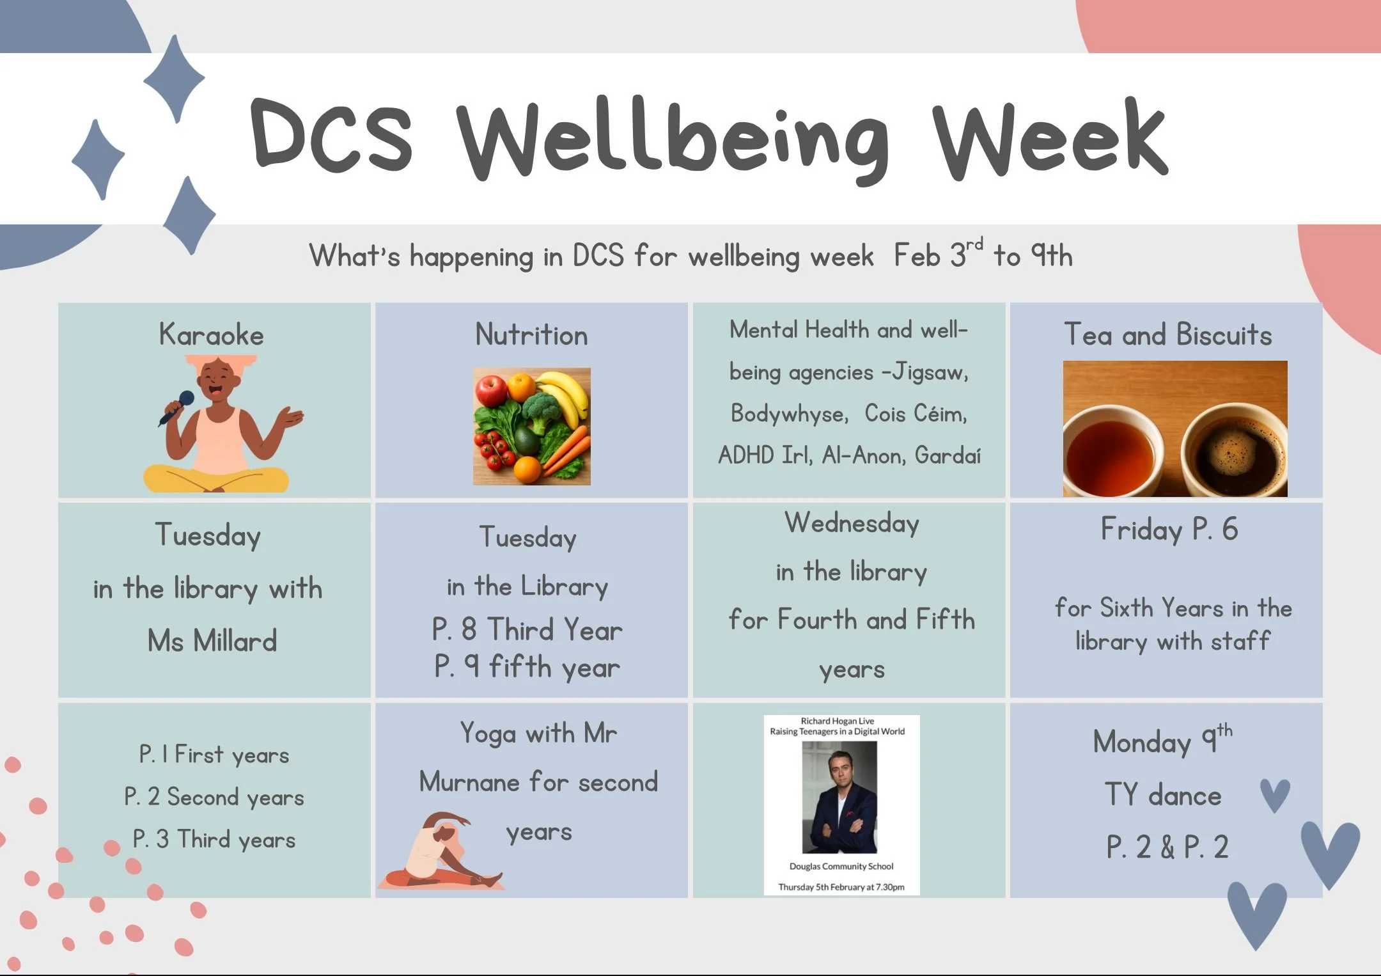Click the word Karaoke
pos(211,335)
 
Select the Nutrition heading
pos(531,335)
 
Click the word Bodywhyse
pos(789,414)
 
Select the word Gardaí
pos(948,455)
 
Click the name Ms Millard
pos(212,641)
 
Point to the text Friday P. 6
pos(1169,530)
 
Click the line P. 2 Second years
pos(214,797)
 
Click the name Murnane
pos(469,782)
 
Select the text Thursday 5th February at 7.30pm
pos(841,887)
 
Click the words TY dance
pos(1163,795)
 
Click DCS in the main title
pos(331,136)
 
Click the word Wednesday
pos(852,523)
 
